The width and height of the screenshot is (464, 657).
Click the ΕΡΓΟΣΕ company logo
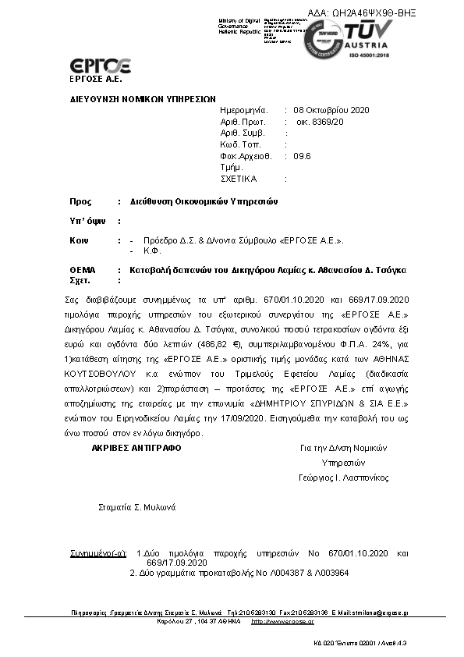[100, 66]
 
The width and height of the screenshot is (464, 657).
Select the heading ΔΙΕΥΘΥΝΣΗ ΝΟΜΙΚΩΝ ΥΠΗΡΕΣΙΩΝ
[143, 100]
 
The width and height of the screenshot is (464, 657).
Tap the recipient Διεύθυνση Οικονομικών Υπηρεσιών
[204, 201]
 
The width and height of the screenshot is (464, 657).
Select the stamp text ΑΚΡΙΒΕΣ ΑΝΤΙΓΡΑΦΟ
[136, 448]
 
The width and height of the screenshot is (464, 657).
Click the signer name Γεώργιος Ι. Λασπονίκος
[343, 478]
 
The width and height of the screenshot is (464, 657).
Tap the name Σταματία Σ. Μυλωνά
[138, 507]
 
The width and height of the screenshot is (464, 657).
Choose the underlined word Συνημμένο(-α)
[98, 553]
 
